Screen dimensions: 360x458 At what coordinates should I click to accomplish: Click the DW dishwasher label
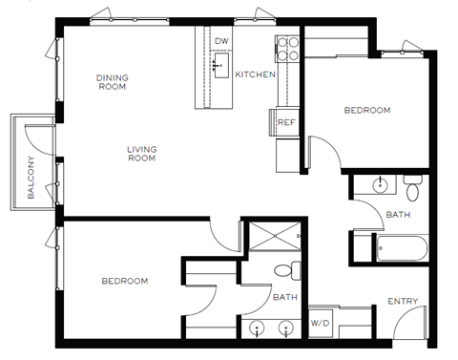pos(221,41)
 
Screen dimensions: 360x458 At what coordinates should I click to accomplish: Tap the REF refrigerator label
pos(285,123)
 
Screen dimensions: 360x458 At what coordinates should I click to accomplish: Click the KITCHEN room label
pos(256,74)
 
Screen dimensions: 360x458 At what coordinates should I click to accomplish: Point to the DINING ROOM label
pos(113,81)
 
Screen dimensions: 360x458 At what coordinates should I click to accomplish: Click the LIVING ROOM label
pos(142,153)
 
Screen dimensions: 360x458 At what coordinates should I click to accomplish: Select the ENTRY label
pos(403,303)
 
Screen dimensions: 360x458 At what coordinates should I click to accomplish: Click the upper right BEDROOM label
pos(367,111)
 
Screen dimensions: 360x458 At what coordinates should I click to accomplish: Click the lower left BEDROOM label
pos(125,281)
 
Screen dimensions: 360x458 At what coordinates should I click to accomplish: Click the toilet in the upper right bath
pos(412,184)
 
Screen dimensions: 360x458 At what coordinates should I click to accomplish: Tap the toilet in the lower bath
pos(283,270)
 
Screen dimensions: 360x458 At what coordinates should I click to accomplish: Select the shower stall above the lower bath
pos(274,233)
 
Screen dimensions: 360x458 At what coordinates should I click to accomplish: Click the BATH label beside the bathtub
pos(398,215)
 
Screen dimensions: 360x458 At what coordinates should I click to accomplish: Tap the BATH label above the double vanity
pos(284,298)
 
